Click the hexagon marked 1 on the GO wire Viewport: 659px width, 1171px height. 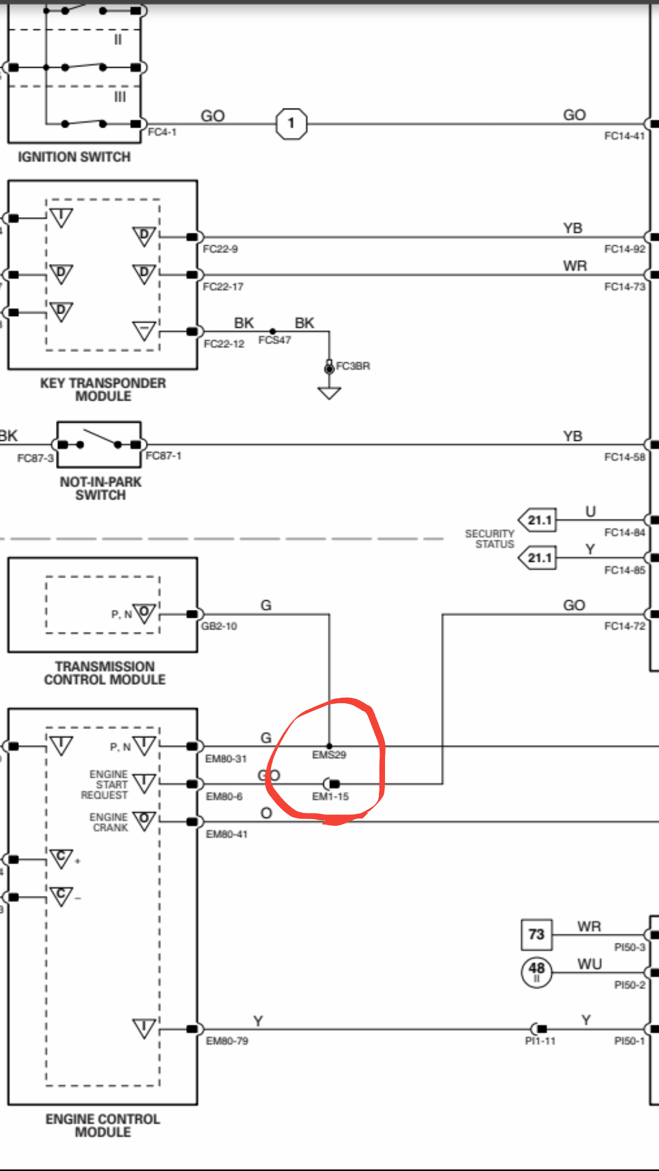pos(291,124)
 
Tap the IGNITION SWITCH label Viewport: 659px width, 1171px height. pos(74,157)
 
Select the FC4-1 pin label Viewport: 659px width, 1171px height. pos(162,132)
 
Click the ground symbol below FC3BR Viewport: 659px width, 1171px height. pos(329,393)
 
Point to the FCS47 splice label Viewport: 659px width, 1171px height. pos(275,340)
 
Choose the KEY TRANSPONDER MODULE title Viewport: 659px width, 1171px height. pos(103,390)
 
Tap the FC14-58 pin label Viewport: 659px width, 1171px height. pos(624,457)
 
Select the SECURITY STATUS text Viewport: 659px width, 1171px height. pos(490,539)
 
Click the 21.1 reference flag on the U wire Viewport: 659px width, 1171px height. pos(538,520)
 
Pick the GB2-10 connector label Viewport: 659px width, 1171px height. pos(219,626)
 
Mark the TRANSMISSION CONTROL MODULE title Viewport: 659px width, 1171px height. pos(104,673)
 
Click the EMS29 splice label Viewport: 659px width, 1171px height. pos(329,755)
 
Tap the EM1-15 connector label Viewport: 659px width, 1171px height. pos(330,797)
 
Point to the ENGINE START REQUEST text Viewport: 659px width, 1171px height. pos(105,785)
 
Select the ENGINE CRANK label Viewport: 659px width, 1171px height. pos(109,822)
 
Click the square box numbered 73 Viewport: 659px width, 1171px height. pos(536,935)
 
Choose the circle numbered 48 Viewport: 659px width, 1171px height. pos(536,972)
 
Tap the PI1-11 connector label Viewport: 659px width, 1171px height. pos(540,1041)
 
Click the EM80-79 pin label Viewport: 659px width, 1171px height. pos(227,1041)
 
